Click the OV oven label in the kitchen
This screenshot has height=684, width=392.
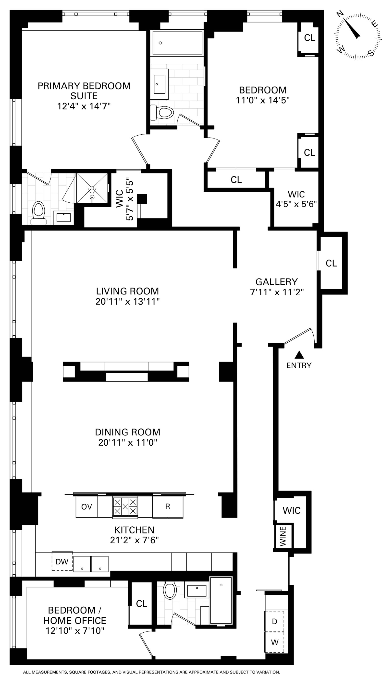(87, 507)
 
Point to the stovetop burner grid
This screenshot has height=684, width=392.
(125, 507)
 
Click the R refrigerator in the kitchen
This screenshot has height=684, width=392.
(168, 507)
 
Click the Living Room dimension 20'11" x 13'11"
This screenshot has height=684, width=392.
(128, 302)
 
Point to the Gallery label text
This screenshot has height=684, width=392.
(277, 282)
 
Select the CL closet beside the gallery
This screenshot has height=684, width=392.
(331, 263)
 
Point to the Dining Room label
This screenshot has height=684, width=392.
(128, 432)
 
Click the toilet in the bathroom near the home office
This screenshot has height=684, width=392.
(170, 591)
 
